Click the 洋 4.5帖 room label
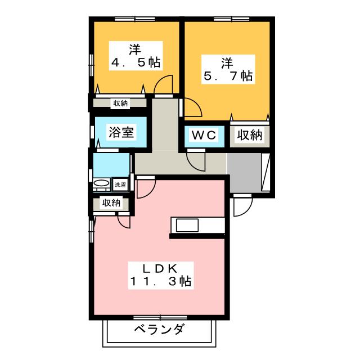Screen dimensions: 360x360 [x=136, y=56]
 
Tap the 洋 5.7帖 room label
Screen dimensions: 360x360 [x=228, y=69]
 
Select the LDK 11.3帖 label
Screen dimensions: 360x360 [x=161, y=275]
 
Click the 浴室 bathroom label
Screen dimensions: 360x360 [x=121, y=132]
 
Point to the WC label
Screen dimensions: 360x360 [x=204, y=135]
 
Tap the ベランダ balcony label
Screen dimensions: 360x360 [x=159, y=330]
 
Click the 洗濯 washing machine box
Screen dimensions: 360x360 [x=120, y=184]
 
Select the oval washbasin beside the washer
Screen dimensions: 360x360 [x=102, y=183]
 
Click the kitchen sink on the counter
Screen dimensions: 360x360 [x=187, y=225]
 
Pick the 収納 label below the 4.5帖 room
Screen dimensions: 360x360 [x=121, y=103]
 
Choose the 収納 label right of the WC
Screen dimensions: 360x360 [x=250, y=135]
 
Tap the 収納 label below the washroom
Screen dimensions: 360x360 [x=111, y=203]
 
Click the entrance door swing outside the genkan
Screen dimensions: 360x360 [x=243, y=206]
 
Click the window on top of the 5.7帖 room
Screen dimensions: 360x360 [x=231, y=19]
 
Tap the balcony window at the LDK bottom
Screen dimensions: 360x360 [x=160, y=318]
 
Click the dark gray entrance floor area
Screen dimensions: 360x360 [x=244, y=172]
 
